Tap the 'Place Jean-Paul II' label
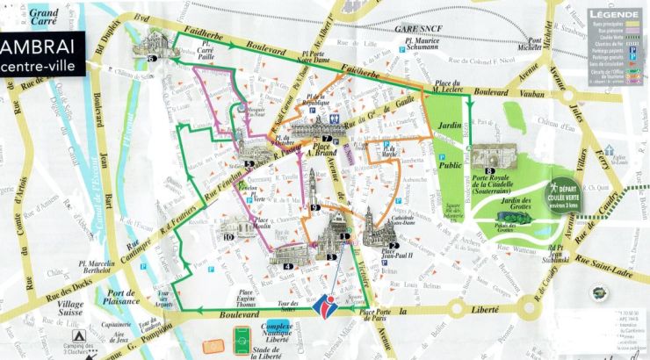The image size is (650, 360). [x=389, y=256]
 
